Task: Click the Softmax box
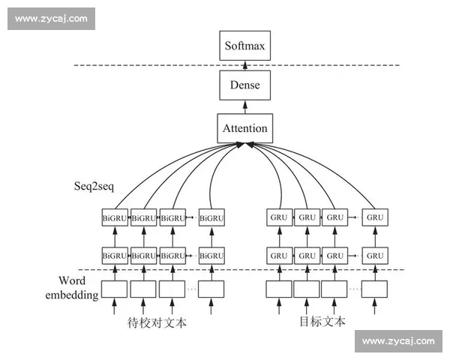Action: [x=244, y=46]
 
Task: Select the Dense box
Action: [x=244, y=85]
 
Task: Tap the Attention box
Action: [x=244, y=128]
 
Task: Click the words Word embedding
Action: [x=78, y=288]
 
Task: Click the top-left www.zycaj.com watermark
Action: [x=51, y=18]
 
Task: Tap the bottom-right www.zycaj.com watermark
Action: [x=398, y=341]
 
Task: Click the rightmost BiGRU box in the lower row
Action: [x=211, y=255]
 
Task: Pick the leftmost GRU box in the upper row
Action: [x=279, y=217]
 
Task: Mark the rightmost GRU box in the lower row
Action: [x=375, y=255]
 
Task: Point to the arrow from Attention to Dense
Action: [x=244, y=107]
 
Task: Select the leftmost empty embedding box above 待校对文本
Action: [x=115, y=289]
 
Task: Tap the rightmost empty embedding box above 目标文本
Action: [x=374, y=289]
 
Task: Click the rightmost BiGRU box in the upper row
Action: [x=211, y=217]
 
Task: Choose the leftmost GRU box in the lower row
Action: [x=279, y=255]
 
